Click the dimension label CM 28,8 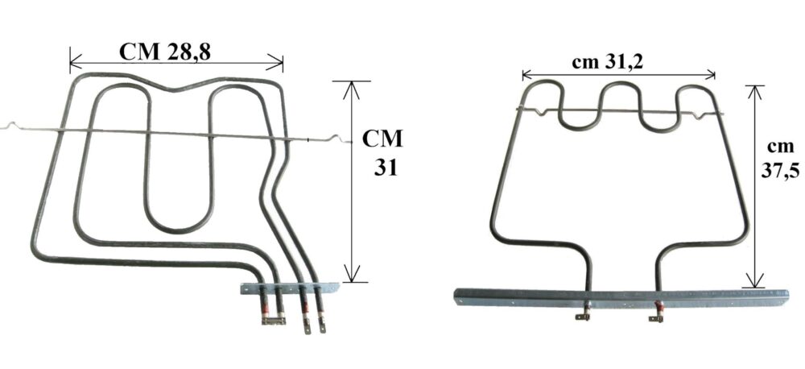point(165,52)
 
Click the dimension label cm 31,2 point(607,63)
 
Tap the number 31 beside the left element point(386,168)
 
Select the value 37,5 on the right point(780,171)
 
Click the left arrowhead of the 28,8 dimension point(75,63)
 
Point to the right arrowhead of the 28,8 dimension point(277,63)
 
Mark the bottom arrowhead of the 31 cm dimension point(351,274)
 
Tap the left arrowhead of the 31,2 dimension point(527,76)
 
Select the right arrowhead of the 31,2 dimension point(710,76)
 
